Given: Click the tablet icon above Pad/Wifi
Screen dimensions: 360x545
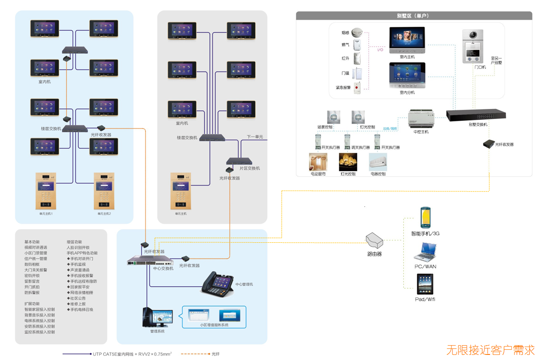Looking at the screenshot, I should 425,284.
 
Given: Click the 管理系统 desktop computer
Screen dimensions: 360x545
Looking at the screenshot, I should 157,318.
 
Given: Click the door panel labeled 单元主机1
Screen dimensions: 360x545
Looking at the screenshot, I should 46,191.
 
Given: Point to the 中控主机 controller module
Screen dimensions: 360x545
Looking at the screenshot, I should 421,119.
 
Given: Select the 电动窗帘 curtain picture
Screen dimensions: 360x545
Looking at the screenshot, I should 318,162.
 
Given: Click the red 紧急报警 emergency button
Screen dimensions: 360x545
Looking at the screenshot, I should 357,88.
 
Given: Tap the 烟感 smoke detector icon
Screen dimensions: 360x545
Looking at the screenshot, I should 357,32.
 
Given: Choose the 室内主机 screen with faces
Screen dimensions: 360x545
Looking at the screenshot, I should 407,40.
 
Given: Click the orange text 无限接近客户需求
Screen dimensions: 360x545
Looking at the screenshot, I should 490,350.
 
